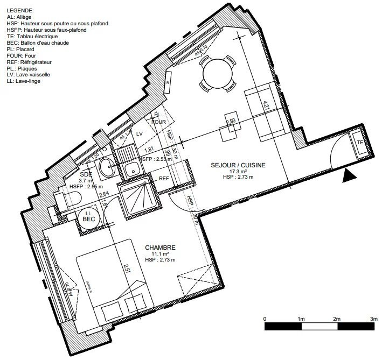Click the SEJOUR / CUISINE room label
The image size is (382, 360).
pos(238,165)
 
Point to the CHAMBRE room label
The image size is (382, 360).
pos(160,248)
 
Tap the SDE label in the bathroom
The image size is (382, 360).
pos(86,174)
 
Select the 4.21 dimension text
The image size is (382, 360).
pos(266,105)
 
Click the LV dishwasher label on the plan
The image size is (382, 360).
pos(140,133)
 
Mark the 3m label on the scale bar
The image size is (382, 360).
pos(373,319)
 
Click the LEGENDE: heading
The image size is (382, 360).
pos(20,11)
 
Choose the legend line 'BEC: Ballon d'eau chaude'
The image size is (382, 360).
pos(38,43)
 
